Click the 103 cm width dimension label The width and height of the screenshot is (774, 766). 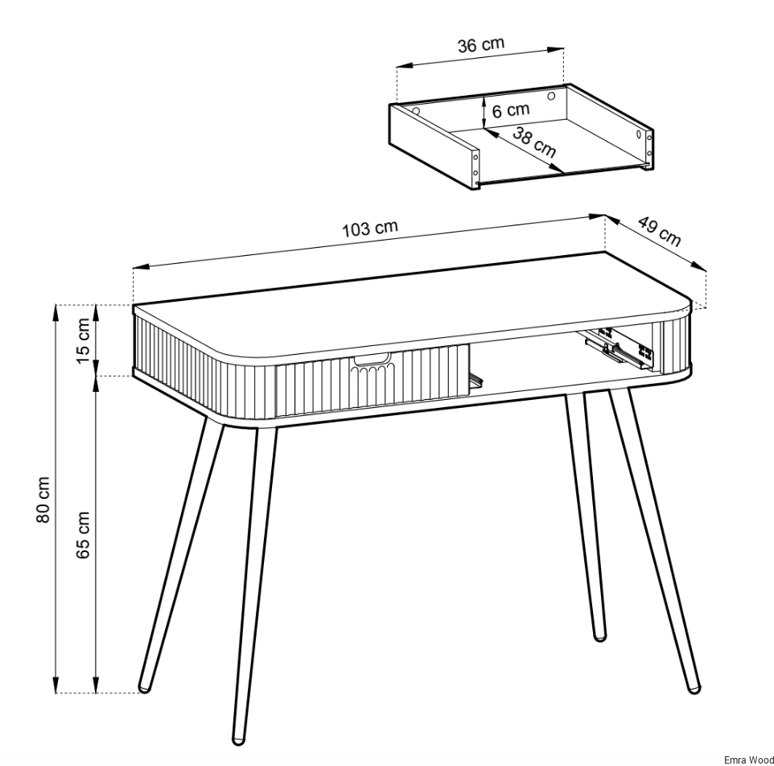tap(370, 228)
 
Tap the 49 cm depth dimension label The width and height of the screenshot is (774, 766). tap(660, 231)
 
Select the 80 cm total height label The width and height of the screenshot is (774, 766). tap(43, 500)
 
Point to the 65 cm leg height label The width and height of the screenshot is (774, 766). tap(83, 535)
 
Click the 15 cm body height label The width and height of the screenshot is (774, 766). tap(83, 340)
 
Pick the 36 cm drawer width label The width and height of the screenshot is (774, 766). tap(481, 44)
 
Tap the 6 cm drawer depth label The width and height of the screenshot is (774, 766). tap(510, 110)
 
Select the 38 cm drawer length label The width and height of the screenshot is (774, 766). tap(534, 142)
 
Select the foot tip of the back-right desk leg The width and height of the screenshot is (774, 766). tap(599, 637)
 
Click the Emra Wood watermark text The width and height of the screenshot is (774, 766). tap(749, 760)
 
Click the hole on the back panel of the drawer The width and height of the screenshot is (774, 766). tap(551, 96)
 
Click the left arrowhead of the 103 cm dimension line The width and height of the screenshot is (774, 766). tap(141, 267)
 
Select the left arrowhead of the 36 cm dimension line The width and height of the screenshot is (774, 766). tap(405, 66)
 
